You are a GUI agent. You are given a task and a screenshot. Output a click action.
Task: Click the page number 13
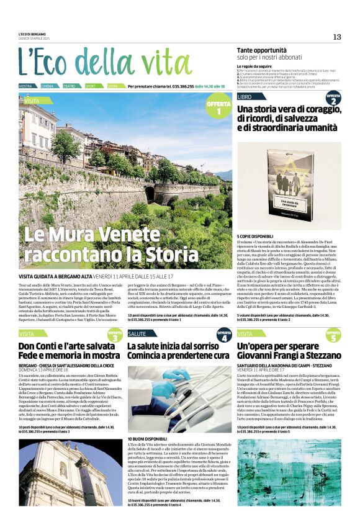click(337, 37)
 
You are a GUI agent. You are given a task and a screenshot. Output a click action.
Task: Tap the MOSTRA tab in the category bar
click(26, 86)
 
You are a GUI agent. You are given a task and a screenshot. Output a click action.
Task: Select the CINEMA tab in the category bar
click(48, 86)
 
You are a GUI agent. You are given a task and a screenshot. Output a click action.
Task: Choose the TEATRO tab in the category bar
click(70, 86)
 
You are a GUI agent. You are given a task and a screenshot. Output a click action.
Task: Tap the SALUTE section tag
click(137, 334)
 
